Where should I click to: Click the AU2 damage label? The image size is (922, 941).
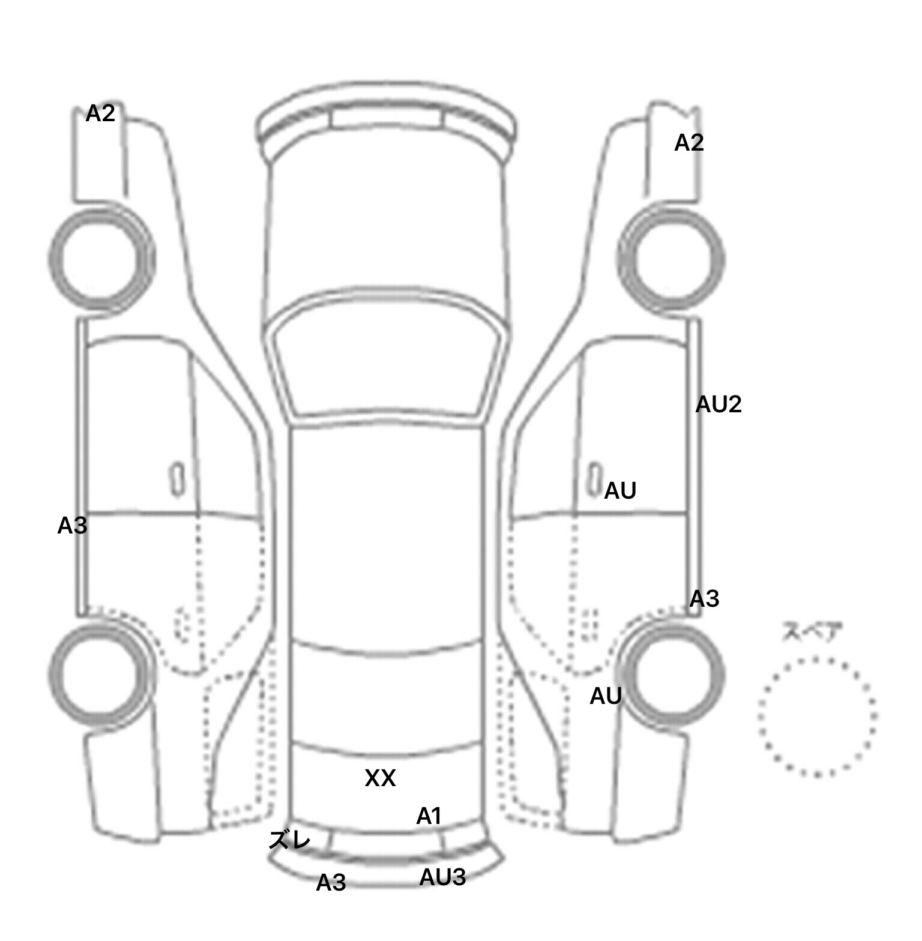[719, 404]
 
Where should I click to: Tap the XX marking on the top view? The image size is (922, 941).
[380, 778]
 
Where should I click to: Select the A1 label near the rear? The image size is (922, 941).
[429, 816]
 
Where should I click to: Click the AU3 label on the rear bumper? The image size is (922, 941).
[442, 877]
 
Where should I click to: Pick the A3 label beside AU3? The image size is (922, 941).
[331, 883]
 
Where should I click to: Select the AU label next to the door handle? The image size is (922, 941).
[620, 491]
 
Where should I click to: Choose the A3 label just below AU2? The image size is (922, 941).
[704, 598]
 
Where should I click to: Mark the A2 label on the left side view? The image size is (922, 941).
[100, 113]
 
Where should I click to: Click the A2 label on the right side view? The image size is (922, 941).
[689, 143]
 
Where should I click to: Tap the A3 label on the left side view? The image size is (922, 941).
[72, 526]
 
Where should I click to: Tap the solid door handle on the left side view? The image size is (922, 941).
[177, 480]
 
